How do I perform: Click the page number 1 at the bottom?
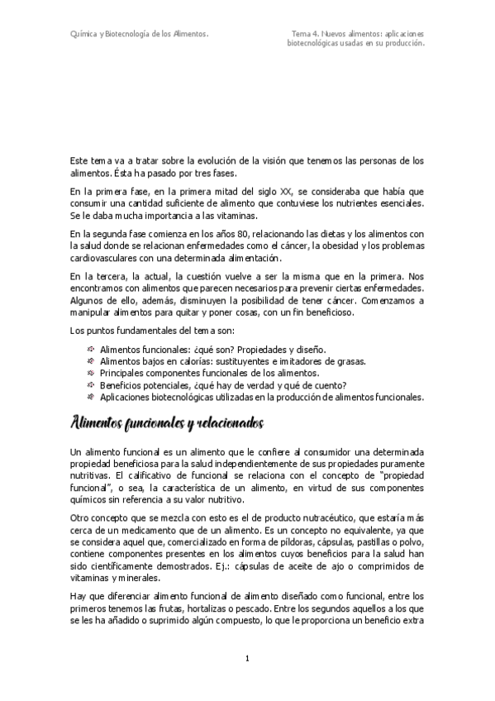pyautogui.click(x=247, y=659)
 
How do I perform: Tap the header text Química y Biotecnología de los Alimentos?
pyautogui.click(x=138, y=34)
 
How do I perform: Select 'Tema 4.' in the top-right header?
pyautogui.click(x=305, y=34)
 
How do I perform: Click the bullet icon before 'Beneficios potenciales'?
pyautogui.click(x=90, y=384)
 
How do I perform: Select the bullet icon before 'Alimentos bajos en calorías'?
pyautogui.click(x=90, y=360)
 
